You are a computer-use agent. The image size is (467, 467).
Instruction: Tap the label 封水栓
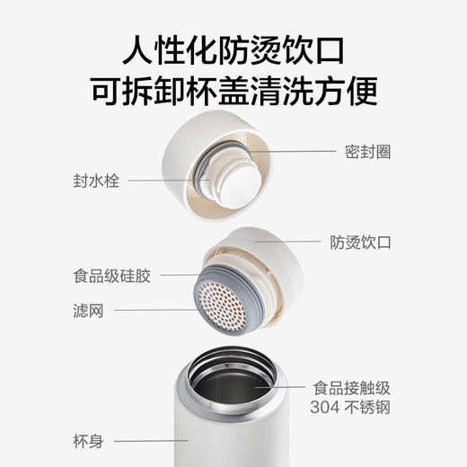(98, 181)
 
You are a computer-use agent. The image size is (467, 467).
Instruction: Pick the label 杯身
(87, 441)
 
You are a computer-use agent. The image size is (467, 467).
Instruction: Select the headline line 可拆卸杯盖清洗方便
(233, 90)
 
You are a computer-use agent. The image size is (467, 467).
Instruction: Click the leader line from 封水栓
(167, 181)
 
